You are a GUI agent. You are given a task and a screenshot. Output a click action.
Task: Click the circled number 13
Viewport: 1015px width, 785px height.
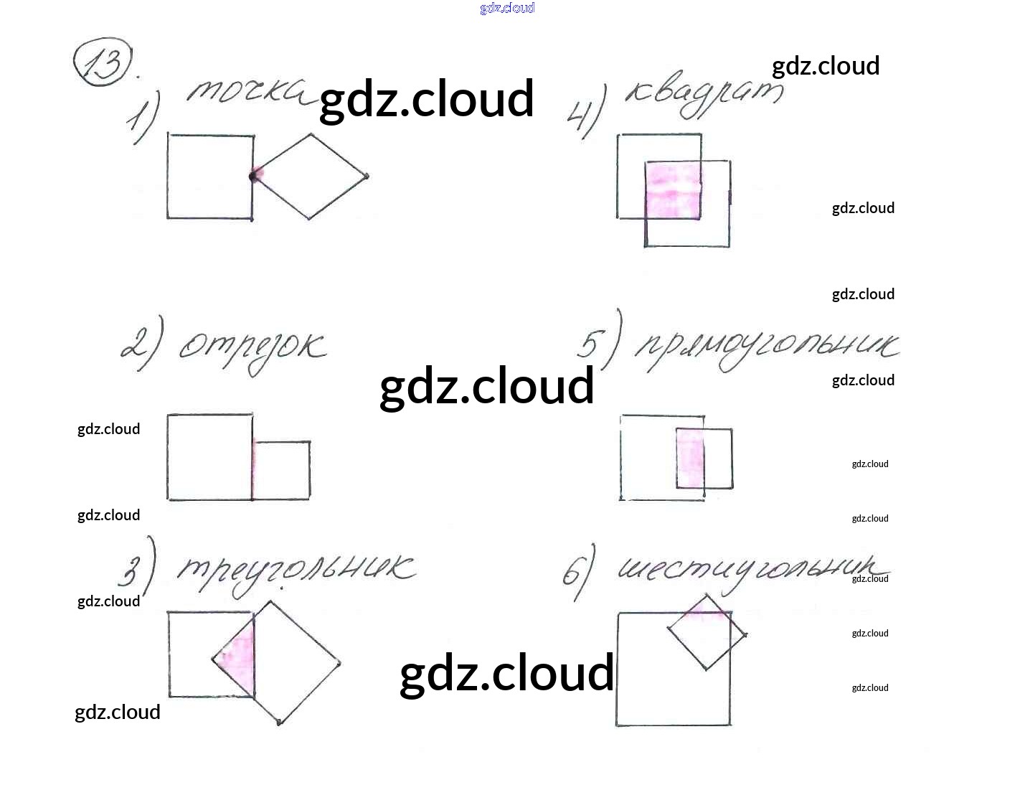pos(104,65)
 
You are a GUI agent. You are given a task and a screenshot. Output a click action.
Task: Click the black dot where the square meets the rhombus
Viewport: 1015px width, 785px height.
pos(253,176)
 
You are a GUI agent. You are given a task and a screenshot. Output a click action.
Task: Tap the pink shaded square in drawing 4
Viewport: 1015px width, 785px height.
pos(673,190)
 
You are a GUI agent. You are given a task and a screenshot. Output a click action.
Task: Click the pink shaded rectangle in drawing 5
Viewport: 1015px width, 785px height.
pos(690,458)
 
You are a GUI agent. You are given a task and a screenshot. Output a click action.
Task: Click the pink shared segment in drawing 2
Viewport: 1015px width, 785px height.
pos(253,470)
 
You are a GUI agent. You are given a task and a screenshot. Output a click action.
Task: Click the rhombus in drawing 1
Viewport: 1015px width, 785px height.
pos(311,177)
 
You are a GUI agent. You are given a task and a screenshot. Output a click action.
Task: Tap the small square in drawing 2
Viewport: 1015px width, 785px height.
pos(282,470)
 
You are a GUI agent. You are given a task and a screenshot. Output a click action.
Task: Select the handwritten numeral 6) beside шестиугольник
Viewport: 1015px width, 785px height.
pos(578,572)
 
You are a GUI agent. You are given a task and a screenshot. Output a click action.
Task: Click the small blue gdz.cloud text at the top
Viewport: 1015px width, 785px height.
pos(507,8)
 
